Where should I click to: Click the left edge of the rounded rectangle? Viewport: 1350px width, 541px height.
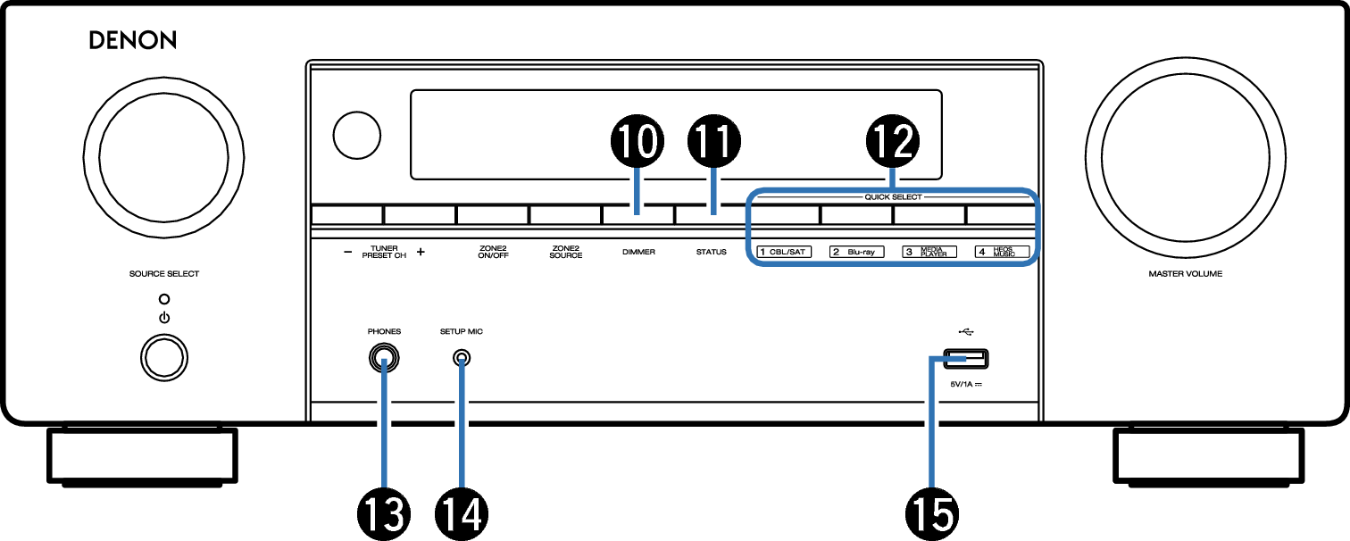point(748,228)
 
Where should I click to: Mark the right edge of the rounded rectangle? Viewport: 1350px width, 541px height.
point(1037,228)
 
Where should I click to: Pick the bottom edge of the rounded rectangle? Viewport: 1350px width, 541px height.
point(893,263)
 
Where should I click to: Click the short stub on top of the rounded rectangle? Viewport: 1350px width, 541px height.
point(892,178)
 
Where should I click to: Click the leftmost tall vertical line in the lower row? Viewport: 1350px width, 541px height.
point(384,429)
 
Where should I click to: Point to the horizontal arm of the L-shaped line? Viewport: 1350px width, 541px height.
point(950,359)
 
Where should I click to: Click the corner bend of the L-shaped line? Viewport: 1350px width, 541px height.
point(932,359)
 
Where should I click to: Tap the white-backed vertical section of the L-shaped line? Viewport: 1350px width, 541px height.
point(931,437)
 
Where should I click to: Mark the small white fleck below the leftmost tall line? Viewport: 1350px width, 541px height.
point(388,501)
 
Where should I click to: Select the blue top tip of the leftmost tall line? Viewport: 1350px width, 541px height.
point(384,362)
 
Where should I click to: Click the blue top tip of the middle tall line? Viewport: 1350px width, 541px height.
point(462,362)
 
